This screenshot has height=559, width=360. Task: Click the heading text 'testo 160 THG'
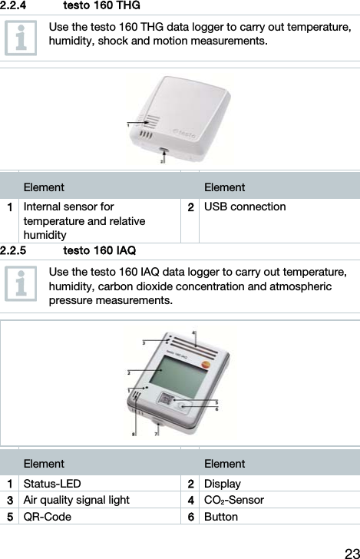(101, 6)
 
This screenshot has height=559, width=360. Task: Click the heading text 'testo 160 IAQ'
(100, 250)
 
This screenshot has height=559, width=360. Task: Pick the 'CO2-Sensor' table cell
(233, 501)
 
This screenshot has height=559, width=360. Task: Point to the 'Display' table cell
(222, 484)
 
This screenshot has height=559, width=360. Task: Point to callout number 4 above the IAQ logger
(193, 333)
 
